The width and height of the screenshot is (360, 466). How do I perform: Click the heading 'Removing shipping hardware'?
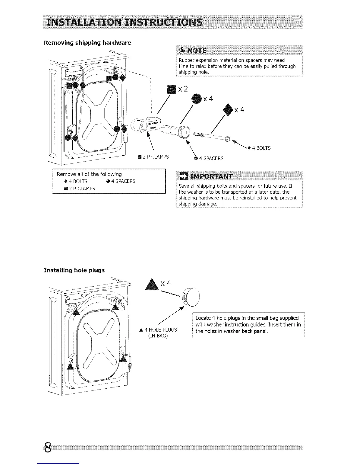87,43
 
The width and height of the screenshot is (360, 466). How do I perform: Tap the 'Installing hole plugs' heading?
74,270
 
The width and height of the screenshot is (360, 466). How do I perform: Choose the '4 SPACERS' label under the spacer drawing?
209,159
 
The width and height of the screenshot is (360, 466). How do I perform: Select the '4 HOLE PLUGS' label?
158,330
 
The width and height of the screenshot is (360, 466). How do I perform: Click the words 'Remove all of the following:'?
92,174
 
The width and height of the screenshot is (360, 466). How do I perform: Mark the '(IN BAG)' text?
158,336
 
